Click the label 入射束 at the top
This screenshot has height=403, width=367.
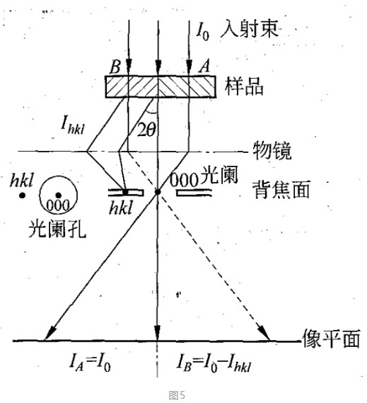pos(250,29)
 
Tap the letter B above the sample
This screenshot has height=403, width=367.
pos(115,67)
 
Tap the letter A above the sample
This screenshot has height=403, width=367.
pos(204,66)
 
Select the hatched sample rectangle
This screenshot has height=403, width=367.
pos(161,87)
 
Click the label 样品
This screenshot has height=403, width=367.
pos(244,86)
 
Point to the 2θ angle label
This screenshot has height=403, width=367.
pos(146,130)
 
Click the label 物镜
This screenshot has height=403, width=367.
pos(272,151)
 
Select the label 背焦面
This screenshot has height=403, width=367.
pos(281,189)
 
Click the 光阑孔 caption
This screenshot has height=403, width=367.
pos(57,229)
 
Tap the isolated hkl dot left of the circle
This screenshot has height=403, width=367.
pos(23,195)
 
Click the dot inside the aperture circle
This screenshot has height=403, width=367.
pos(58,195)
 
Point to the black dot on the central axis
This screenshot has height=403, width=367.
pos(158,192)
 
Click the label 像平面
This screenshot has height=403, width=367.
pos(331,339)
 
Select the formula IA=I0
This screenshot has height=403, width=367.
pos(90,363)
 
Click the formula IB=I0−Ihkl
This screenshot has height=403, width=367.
pos(214,363)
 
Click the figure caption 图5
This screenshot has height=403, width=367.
pos(177,395)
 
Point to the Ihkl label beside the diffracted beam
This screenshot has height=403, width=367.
pos(73,125)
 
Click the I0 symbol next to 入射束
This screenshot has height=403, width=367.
pos(203,30)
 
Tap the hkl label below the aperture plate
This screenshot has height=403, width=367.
pos(121,208)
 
